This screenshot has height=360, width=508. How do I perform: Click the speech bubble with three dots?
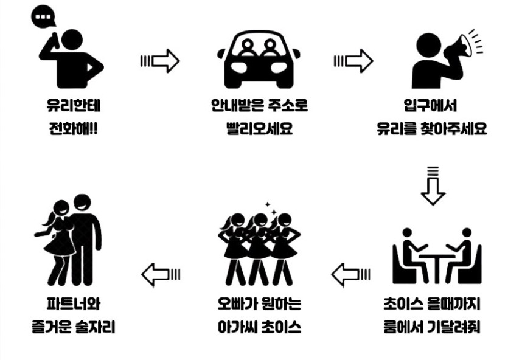(x=43, y=16)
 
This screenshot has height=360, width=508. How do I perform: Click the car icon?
(x=258, y=59)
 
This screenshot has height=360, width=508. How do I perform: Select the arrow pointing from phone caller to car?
(x=160, y=61)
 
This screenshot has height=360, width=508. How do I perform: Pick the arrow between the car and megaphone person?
(x=353, y=61)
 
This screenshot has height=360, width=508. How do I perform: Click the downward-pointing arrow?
(x=433, y=185)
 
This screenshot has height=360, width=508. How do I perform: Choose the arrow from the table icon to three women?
(x=351, y=275)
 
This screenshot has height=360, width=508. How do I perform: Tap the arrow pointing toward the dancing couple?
(x=161, y=275)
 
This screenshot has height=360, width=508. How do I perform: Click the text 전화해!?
(x=73, y=128)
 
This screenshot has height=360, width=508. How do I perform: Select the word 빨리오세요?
(x=259, y=128)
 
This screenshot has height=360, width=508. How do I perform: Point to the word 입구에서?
(x=430, y=105)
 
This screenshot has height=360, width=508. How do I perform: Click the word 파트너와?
(x=74, y=303)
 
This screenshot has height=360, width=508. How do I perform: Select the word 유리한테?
(x=74, y=105)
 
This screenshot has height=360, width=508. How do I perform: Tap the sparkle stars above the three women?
(x=271, y=209)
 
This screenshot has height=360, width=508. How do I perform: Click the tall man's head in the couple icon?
(x=82, y=203)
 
